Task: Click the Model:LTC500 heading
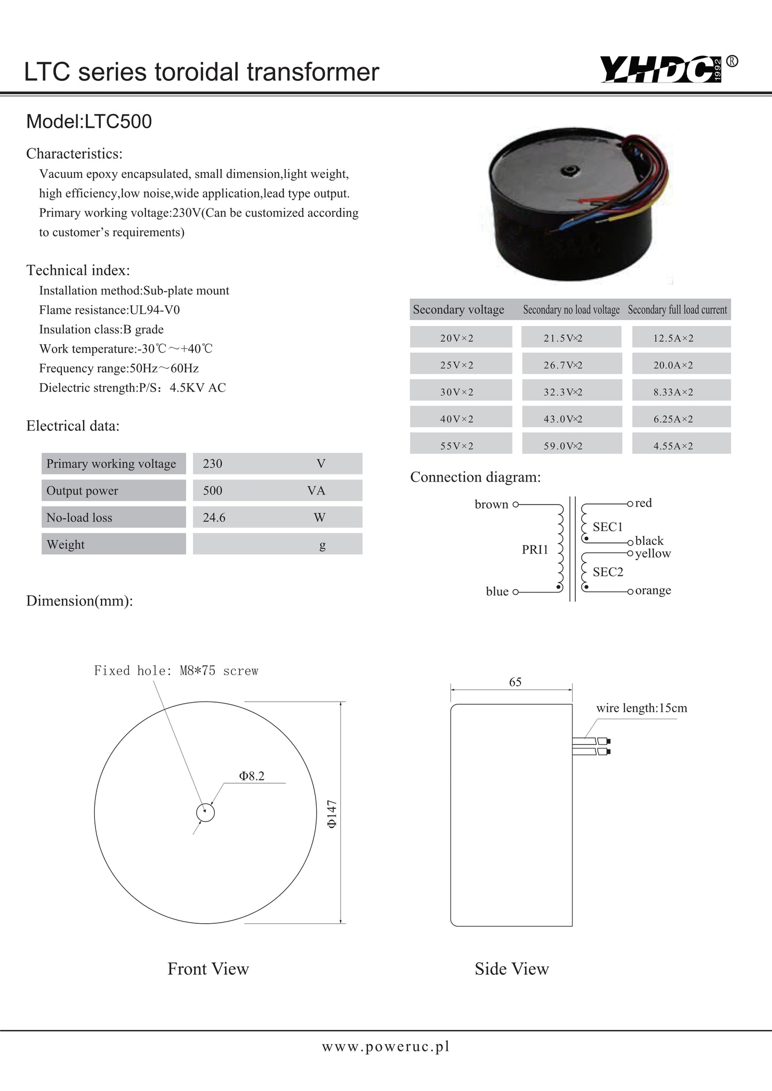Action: click(x=89, y=121)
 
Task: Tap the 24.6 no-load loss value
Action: click(x=214, y=517)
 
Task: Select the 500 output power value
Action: click(x=213, y=490)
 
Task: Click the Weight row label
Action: click(x=66, y=544)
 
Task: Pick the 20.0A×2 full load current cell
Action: click(x=673, y=365)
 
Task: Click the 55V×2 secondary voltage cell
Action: click(x=457, y=446)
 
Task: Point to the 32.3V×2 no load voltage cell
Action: click(x=563, y=392)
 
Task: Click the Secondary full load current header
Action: click(x=677, y=310)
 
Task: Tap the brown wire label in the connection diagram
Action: click(x=491, y=504)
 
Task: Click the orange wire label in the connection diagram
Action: click(x=653, y=590)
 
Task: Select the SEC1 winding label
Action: click(x=608, y=527)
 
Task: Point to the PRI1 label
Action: click(x=535, y=549)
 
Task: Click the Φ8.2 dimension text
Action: click(x=252, y=776)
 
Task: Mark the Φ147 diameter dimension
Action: click(x=332, y=813)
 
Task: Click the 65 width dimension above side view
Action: click(x=515, y=682)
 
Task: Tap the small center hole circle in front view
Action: click(x=205, y=813)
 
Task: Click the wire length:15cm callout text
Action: click(x=641, y=708)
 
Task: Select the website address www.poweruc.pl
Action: click(x=385, y=1046)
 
